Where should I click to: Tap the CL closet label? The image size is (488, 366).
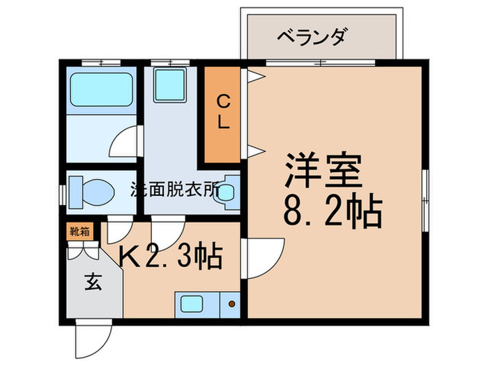pos(222,112)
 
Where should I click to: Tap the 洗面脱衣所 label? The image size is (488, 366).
pos(174,189)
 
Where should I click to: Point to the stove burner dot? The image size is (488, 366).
pos(231,304)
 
